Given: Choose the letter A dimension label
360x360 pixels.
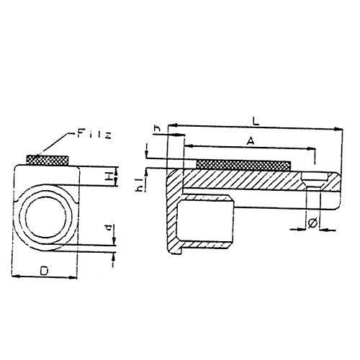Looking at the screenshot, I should pos(249,143).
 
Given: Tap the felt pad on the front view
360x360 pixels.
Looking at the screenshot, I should pos(48,158).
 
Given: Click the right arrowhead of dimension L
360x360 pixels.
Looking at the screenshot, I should pos(338,130).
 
